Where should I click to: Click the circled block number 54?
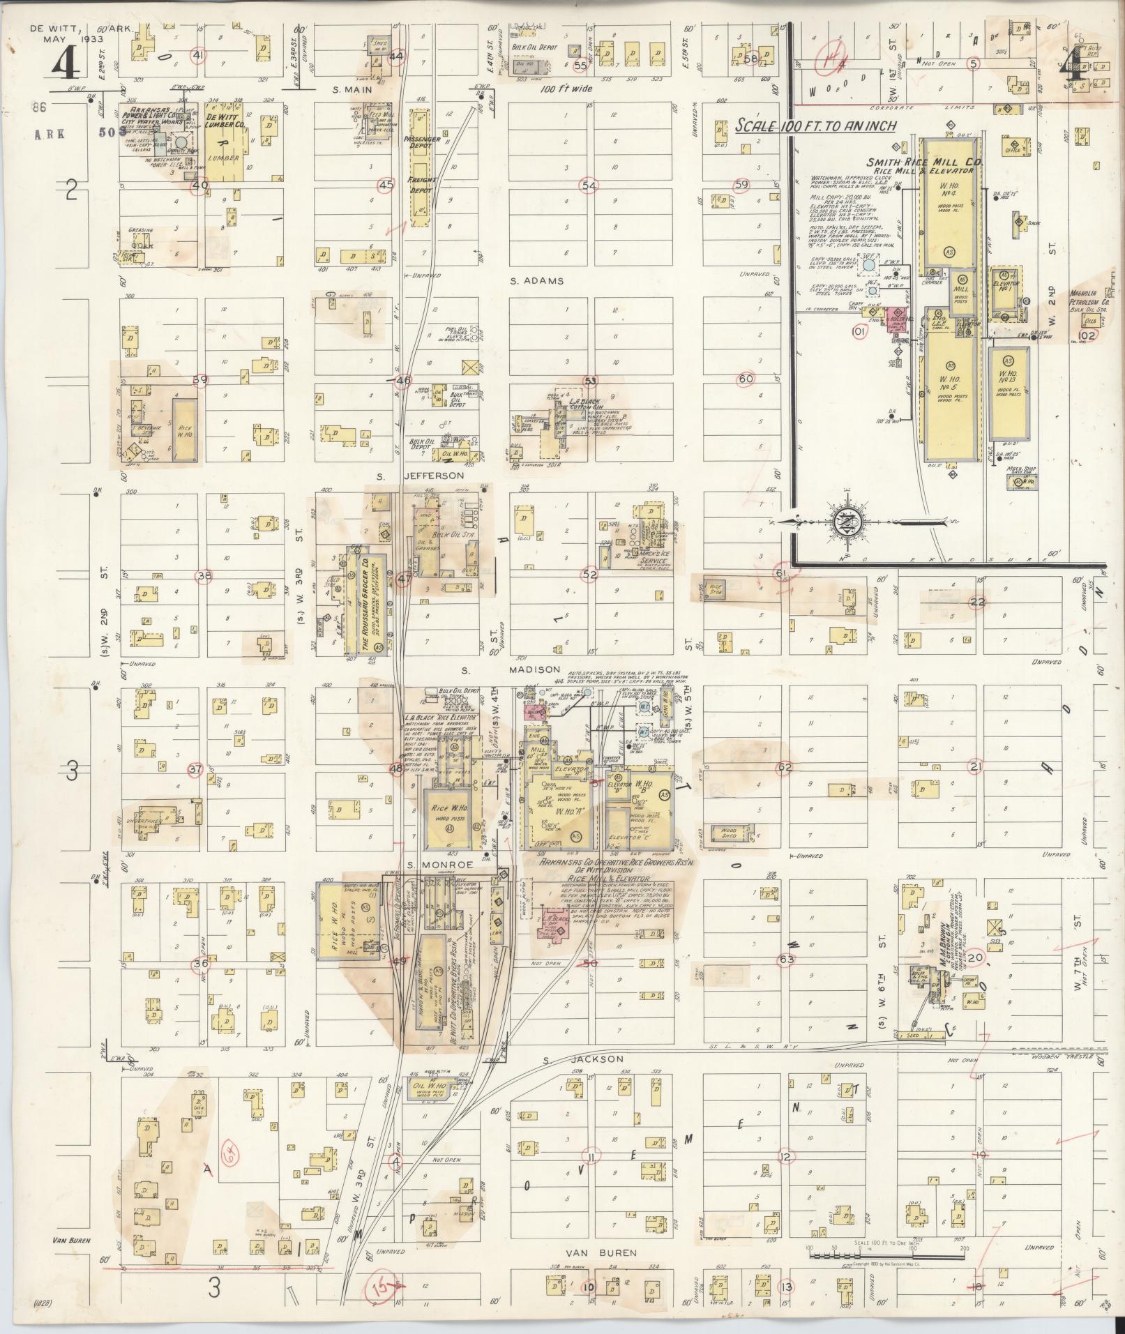click(x=590, y=185)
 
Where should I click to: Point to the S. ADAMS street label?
click(x=531, y=282)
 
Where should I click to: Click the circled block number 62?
click(x=785, y=767)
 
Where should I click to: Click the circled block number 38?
click(x=204, y=576)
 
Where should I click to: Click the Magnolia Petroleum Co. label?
click(x=1094, y=301)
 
